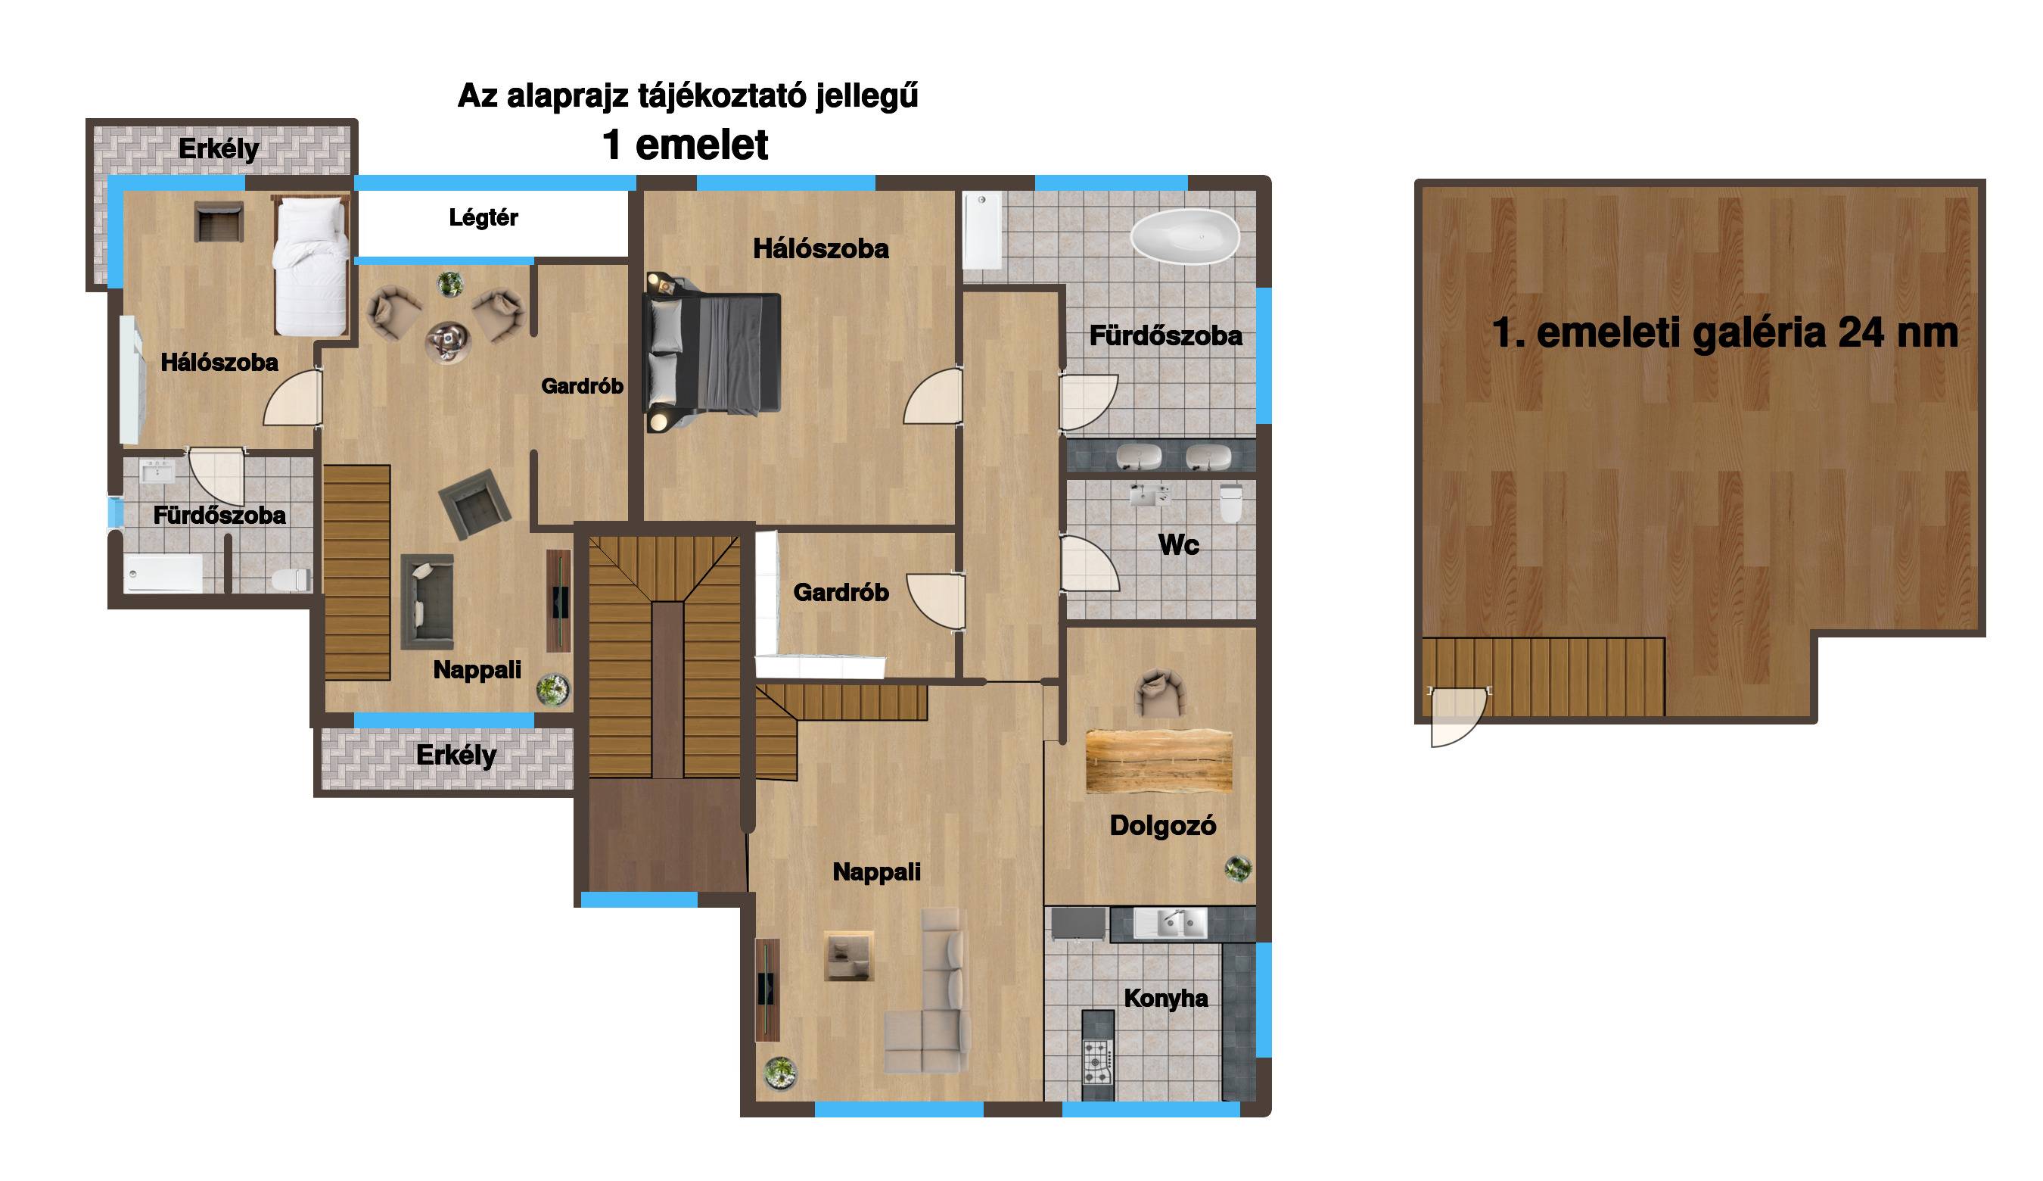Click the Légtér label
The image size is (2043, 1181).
[x=484, y=217]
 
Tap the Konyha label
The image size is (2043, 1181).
[x=1166, y=999]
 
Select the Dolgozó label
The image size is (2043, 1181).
[x=1162, y=826]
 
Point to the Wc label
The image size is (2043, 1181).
[x=1178, y=545]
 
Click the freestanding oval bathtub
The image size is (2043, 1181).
[x=1185, y=235]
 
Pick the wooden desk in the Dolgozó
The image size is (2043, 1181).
[x=1158, y=761]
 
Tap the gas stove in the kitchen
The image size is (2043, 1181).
[x=1098, y=1061]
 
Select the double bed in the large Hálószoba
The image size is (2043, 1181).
[x=712, y=353]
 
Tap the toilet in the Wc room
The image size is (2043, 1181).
[x=1230, y=503]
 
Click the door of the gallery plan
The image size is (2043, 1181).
[x=1457, y=716]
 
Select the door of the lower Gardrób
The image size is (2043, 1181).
[x=935, y=602]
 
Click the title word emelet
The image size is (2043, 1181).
[x=701, y=145]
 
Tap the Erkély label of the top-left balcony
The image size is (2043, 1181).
[x=218, y=149]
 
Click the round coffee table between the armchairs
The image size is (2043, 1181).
[x=446, y=341]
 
